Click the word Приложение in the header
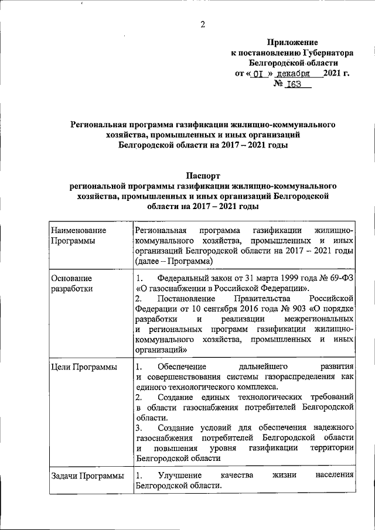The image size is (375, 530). click(292, 43)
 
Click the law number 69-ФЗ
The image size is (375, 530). click(339, 278)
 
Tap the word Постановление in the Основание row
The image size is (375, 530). click(187, 298)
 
